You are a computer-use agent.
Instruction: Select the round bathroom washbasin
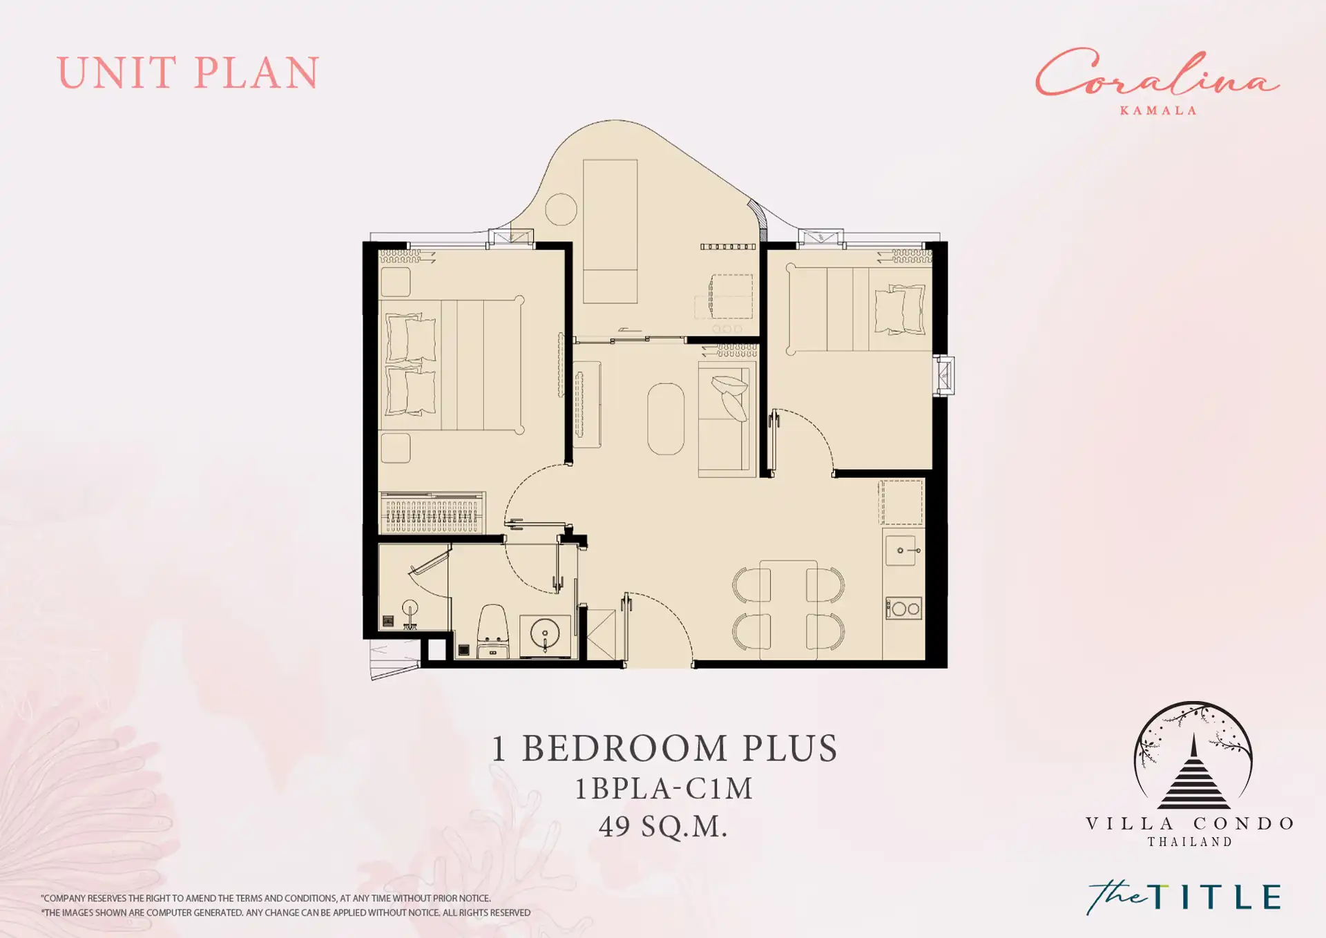point(545,633)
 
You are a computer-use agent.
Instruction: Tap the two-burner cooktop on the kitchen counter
point(903,609)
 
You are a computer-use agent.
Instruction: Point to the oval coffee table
point(666,419)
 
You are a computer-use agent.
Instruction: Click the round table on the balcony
point(561,209)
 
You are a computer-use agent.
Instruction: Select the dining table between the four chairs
point(788,609)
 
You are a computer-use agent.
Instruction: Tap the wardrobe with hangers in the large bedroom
point(432,513)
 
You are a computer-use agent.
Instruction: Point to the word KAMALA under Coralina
point(1158,111)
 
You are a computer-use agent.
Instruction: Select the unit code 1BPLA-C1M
point(664,788)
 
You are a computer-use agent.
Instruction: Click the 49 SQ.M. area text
point(663,826)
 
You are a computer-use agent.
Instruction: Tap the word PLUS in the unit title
point(790,749)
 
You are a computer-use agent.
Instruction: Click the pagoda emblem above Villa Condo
point(1193,756)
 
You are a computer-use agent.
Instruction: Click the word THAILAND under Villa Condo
point(1190,842)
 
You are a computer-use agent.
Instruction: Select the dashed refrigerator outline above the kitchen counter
point(901,503)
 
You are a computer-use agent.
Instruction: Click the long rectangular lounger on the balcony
point(611,231)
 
